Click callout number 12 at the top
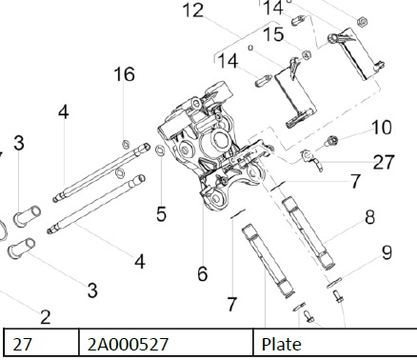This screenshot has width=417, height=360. [x=193, y=10]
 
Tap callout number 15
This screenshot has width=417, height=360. [x=273, y=34]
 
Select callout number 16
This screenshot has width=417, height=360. [x=125, y=74]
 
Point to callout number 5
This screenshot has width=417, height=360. [x=161, y=213]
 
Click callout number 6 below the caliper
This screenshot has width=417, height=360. [x=203, y=273]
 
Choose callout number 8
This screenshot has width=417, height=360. [x=370, y=217]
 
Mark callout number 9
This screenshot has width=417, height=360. [x=387, y=253]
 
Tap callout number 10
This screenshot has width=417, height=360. [x=382, y=128]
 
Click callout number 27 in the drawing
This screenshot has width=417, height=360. [x=384, y=162]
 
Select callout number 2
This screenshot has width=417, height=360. [x=46, y=317]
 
